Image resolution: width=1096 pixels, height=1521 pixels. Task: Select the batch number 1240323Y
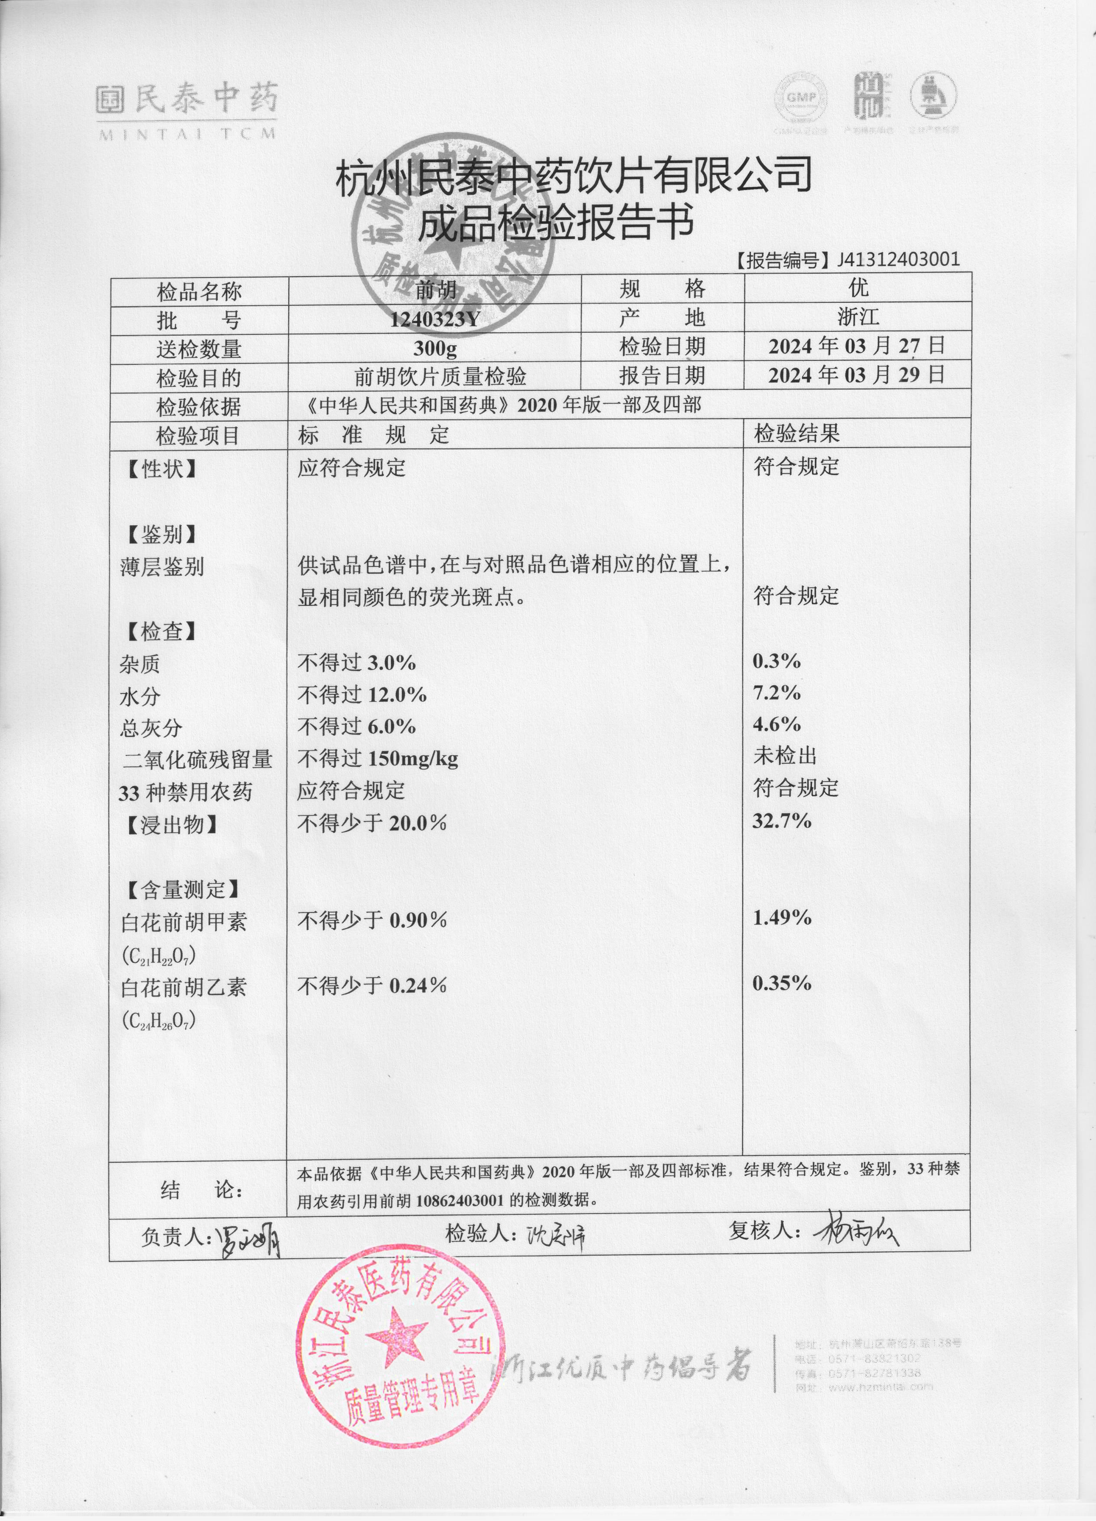pos(435,319)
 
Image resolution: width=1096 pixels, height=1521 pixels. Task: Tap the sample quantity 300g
pos(435,348)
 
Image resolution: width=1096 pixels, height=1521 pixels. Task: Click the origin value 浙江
pos(858,317)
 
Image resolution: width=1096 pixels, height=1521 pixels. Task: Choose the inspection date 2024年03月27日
pos(857,346)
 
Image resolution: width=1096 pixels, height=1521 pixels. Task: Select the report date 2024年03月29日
pos(857,375)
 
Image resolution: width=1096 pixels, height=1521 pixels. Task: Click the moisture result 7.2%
pos(776,693)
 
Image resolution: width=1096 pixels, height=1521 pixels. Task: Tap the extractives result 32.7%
pos(782,821)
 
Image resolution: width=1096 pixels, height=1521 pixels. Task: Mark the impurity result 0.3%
pos(776,661)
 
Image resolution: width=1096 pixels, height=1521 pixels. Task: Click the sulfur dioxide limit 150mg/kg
pos(413,759)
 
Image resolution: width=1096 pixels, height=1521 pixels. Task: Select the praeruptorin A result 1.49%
pos(782,917)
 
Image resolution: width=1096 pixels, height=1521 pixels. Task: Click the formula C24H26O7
pos(159,1021)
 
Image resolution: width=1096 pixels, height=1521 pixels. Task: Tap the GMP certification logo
pos(801,98)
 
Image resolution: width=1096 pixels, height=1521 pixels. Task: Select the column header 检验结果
pos(796,434)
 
